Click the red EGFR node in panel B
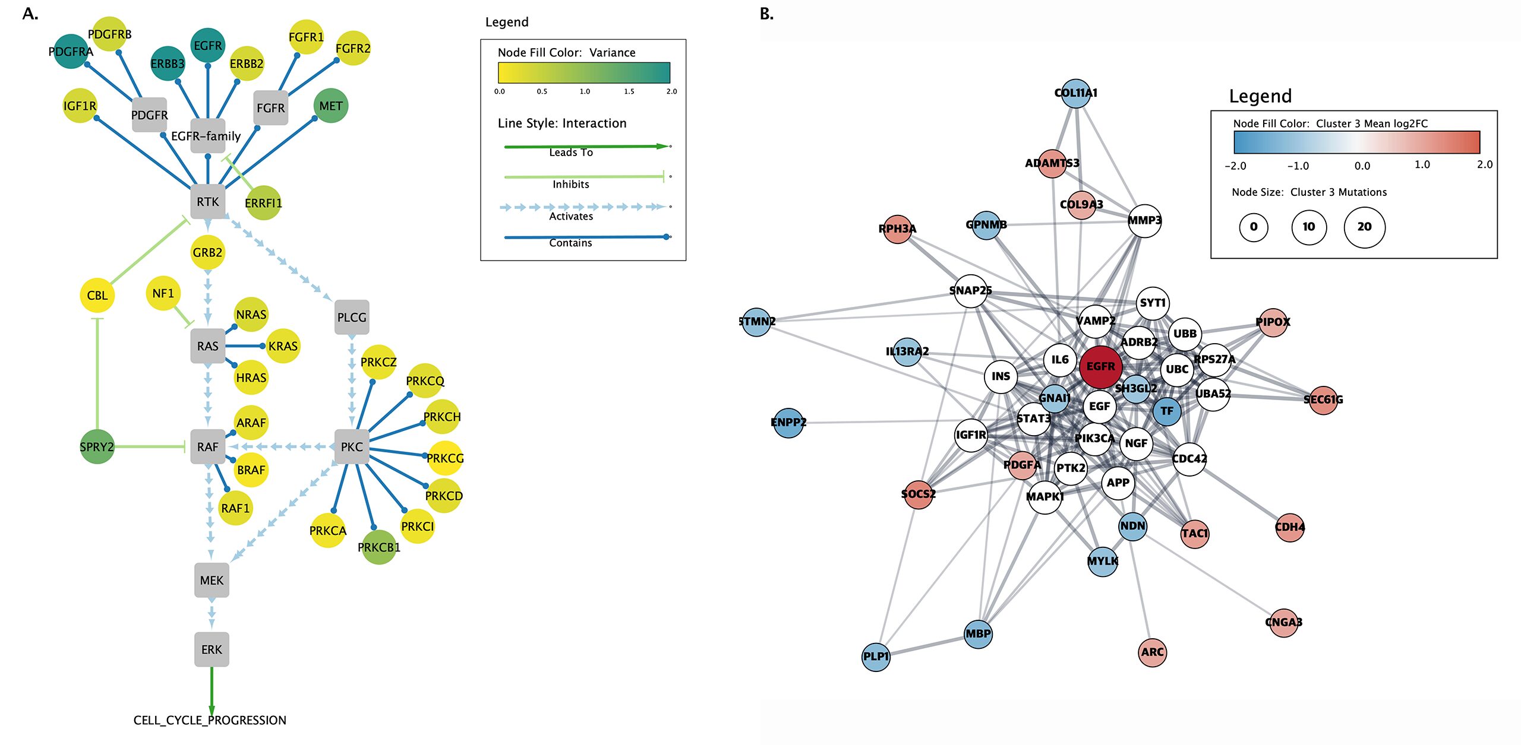[1100, 367]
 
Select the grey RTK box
[208, 202]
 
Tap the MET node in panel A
[331, 106]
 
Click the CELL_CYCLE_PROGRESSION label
[210, 720]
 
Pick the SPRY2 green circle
[97, 446]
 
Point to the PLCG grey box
[352, 317]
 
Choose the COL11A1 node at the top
[1075, 93]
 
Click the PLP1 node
[876, 657]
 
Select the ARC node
[1152, 652]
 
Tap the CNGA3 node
[1283, 622]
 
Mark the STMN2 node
[757, 322]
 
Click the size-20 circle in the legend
[1364, 227]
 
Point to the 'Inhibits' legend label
[571, 185]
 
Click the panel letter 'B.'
[766, 14]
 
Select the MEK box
[212, 580]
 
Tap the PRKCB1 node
[378, 547]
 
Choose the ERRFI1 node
[263, 203]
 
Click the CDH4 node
[1289, 527]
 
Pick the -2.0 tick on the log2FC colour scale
[1235, 166]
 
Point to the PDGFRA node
[71, 52]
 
